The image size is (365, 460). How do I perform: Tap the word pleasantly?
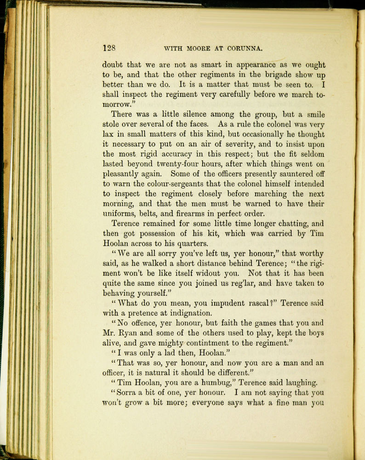pos(123,174)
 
